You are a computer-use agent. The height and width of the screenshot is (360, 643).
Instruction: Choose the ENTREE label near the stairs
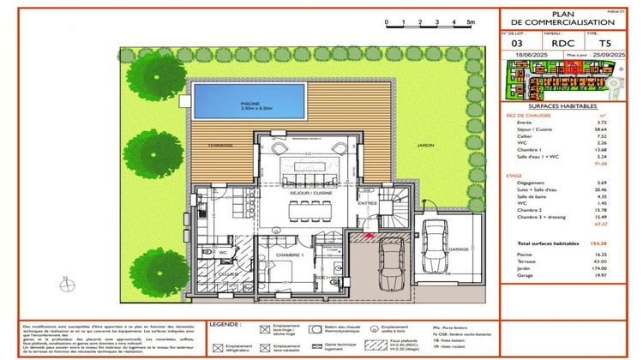tap(368, 202)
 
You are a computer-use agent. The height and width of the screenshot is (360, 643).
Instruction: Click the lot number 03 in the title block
tap(516, 42)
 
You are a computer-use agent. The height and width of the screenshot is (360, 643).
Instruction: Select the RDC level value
tap(562, 42)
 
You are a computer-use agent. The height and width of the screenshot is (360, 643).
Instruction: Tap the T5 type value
tap(605, 42)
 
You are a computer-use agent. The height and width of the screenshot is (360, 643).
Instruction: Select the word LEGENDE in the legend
tap(225, 325)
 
